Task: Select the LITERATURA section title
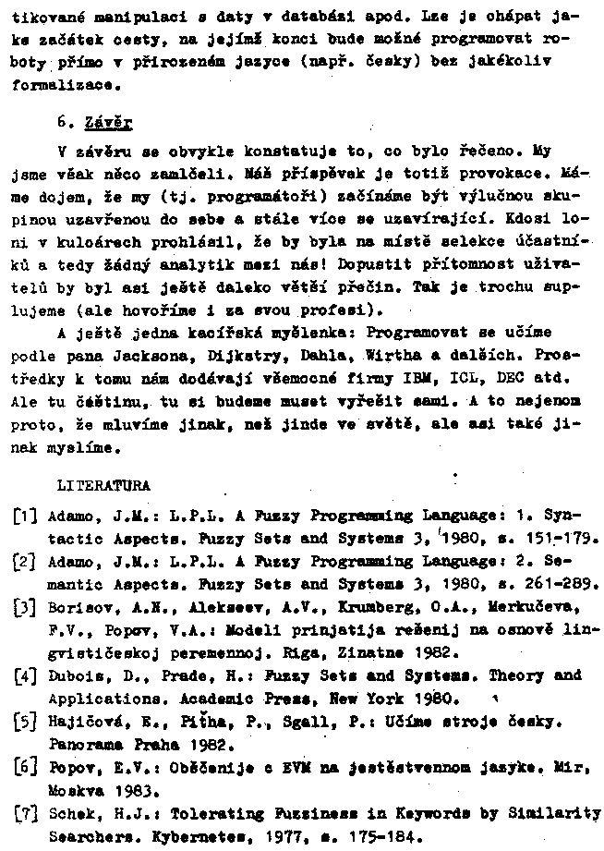[103, 483]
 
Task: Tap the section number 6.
[64, 120]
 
